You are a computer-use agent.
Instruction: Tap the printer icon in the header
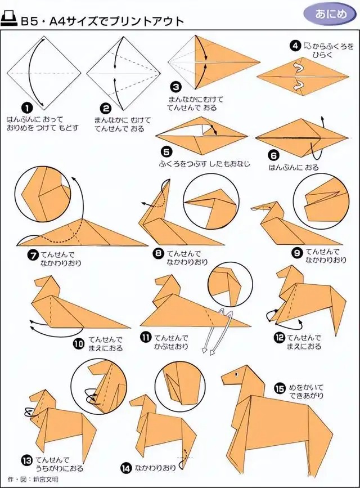point(9,20)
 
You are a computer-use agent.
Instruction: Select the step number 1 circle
point(27,108)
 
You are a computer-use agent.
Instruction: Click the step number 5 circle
point(166,151)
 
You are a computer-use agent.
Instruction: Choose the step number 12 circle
point(279,337)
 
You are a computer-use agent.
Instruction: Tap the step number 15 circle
point(280,388)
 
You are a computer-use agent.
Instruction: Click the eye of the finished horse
point(236,374)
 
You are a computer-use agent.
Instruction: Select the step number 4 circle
point(295,46)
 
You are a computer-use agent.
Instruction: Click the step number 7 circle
point(33,254)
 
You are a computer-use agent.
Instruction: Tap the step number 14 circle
point(126,468)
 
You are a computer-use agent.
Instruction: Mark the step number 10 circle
point(79,343)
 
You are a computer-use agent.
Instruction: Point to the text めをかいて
point(306,388)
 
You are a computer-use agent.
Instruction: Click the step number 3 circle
point(176,87)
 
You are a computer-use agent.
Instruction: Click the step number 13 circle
point(27,460)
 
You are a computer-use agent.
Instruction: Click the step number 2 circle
point(106,108)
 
